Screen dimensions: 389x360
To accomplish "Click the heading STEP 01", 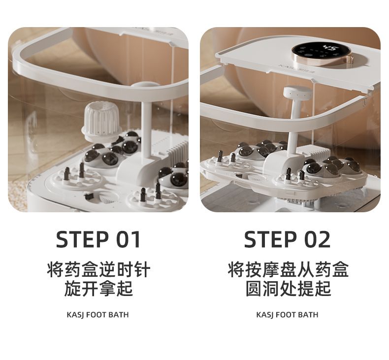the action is click(x=98, y=239).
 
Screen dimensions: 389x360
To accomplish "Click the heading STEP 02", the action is click(x=287, y=239).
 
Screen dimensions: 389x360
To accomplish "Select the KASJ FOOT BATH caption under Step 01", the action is click(x=98, y=315).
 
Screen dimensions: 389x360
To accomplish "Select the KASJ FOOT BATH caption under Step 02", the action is click(x=287, y=315).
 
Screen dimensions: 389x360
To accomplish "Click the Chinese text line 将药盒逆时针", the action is click(x=98, y=269).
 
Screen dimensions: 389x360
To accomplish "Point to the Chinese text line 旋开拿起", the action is click(x=98, y=289).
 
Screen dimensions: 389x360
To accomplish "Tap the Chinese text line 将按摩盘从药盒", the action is click(x=288, y=269).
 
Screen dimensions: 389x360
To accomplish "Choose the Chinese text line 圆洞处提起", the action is click(x=288, y=289).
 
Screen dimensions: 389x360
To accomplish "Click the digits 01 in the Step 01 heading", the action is click(x=129, y=239).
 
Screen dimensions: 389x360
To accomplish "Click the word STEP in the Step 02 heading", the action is click(x=271, y=239).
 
